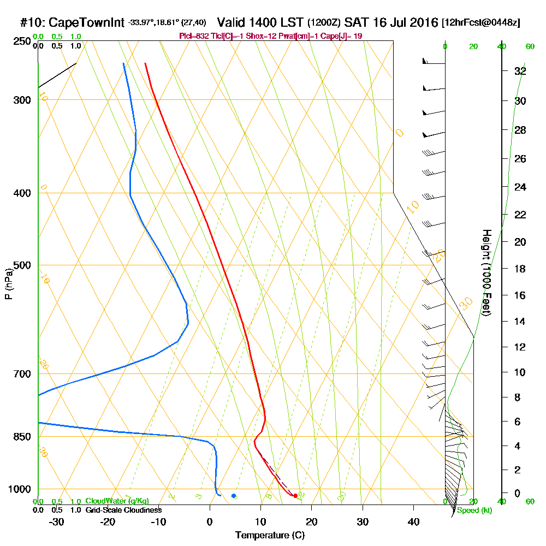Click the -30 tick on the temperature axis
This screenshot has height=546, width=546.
[57, 521]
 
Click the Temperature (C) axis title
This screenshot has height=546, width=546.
[270, 535]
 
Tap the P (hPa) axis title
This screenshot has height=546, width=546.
[8, 284]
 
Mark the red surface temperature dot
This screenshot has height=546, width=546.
[295, 496]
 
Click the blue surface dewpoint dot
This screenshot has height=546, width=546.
[234, 496]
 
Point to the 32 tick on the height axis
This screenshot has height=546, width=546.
[520, 71]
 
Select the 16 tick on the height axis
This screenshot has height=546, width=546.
[520, 295]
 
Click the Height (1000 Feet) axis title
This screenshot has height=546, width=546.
[485, 273]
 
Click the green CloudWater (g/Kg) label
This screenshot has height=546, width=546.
[117, 501]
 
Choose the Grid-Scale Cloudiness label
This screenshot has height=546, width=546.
[123, 510]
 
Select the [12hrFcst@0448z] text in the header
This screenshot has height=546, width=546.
[482, 23]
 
